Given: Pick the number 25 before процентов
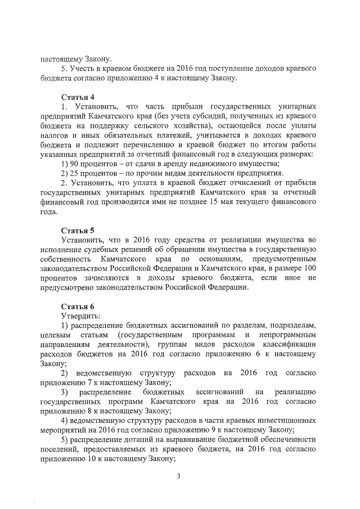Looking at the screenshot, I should [x=74, y=173].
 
